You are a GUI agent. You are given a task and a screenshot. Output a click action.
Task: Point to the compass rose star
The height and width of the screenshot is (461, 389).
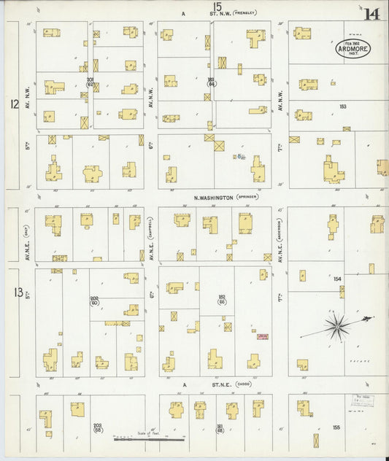point(336,325)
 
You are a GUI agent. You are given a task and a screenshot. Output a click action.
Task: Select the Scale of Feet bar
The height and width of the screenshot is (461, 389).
point(149,438)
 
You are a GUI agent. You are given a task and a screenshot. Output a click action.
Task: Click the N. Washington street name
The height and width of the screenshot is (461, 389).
point(213,197)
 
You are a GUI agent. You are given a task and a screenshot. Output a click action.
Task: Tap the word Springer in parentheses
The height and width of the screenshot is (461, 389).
point(247,197)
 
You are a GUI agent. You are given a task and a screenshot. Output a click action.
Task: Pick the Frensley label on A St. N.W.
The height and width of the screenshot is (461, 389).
point(244,13)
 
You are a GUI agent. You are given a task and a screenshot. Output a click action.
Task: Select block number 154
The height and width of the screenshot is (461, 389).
point(337,279)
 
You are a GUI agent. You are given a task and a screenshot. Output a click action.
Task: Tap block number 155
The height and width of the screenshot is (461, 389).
point(336,427)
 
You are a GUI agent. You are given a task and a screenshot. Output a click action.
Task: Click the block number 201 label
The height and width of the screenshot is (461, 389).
point(91,79)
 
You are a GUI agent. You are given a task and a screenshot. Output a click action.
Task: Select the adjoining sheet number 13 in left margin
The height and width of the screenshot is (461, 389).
point(18,293)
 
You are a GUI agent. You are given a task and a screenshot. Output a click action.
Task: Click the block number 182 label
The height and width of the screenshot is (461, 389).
point(222,297)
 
